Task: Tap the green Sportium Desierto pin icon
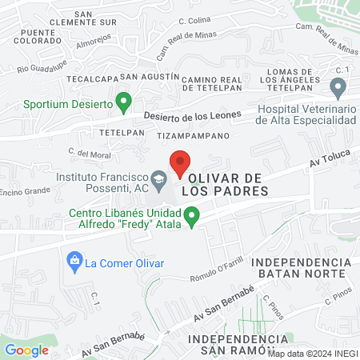coord(123,102)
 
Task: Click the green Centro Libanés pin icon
coord(192,215)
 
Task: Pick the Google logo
coord(27,350)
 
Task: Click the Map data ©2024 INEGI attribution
coord(312,353)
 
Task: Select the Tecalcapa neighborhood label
coord(92,79)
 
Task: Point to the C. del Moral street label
coord(89,153)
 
